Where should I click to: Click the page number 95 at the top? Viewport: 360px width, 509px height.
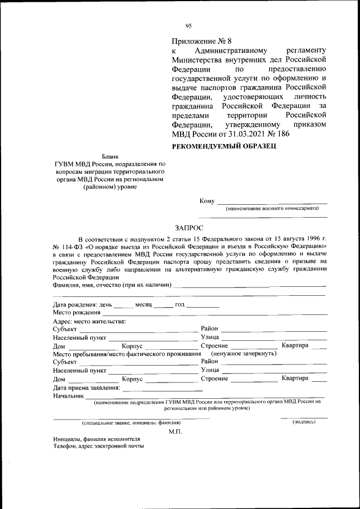tap(188, 25)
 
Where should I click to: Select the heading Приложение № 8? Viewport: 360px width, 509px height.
tap(201, 41)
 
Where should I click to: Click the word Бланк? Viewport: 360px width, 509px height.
tap(110, 156)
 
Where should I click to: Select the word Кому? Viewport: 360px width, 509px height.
tap(207, 201)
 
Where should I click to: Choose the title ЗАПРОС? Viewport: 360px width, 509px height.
tap(188, 228)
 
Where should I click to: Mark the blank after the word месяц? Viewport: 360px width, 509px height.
tap(163, 306)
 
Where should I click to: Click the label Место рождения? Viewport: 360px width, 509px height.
tap(77, 312)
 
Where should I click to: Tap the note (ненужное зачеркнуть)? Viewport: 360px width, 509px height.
tap(244, 354)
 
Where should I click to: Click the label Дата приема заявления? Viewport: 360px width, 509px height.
tap(86, 388)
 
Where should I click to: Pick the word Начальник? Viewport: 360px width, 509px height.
tap(69, 396)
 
